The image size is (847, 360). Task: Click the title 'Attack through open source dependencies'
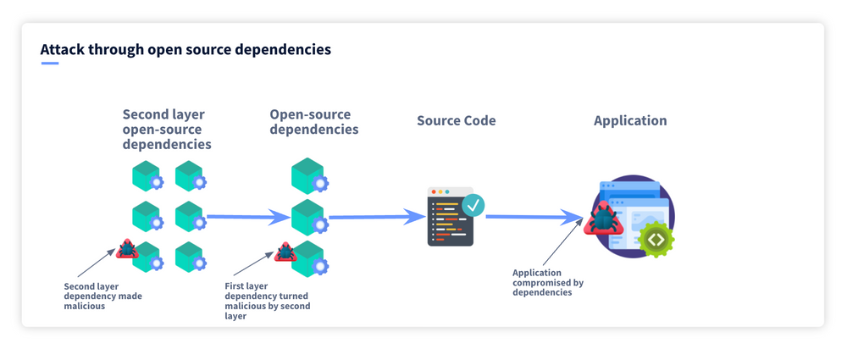185,50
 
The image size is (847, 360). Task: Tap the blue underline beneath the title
50,64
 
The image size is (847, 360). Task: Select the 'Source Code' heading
456,120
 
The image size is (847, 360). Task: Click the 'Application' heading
630,121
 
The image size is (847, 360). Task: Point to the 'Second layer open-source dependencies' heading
167,130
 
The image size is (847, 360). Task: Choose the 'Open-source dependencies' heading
314,122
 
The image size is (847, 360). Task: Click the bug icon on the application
603,219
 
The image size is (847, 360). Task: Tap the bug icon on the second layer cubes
128,249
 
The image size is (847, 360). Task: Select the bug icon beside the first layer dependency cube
285,252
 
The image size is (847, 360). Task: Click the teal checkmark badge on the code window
473,205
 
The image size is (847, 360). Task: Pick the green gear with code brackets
656,239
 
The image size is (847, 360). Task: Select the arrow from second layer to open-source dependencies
249,218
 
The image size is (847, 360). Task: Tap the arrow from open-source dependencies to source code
378,218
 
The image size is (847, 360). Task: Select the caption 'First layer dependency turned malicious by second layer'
268,301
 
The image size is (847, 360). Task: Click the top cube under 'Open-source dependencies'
309,175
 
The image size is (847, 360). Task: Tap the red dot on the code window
433,192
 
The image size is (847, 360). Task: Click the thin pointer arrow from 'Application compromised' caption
563,241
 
